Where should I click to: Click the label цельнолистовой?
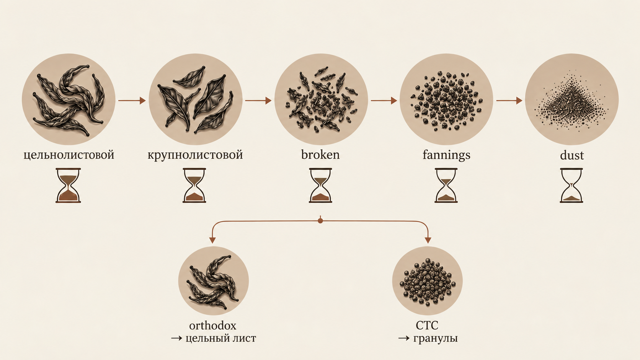(x=69, y=155)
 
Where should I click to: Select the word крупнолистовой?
(x=195, y=155)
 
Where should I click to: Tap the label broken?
(x=320, y=155)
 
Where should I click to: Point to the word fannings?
(x=446, y=155)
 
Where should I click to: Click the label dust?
(x=572, y=155)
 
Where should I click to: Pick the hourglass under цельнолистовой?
(x=68, y=186)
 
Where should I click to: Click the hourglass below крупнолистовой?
(x=194, y=186)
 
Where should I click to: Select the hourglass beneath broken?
(x=320, y=186)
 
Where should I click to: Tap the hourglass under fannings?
(x=446, y=186)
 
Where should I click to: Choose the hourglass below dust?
(x=571, y=186)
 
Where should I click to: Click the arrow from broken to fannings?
(x=384, y=101)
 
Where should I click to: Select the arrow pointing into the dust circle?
(x=509, y=101)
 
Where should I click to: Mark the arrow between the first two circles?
(x=132, y=101)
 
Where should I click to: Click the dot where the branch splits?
(x=320, y=221)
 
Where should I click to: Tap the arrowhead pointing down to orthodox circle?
(x=212, y=240)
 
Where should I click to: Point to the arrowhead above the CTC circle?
(x=428, y=240)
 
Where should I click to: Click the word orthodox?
(x=212, y=326)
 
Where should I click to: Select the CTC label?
(x=427, y=326)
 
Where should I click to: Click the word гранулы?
(x=436, y=339)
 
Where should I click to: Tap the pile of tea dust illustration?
(x=571, y=103)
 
